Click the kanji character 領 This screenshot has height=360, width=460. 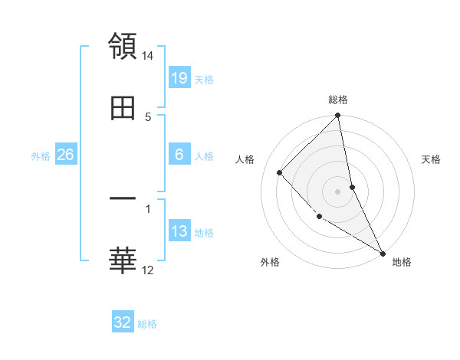123,46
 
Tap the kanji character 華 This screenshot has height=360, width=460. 123,260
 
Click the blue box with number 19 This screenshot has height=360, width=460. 179,77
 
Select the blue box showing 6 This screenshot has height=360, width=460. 179,155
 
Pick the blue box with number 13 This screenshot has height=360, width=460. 179,231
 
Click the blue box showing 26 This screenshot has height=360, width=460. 65,155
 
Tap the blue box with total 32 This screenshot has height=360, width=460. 123,322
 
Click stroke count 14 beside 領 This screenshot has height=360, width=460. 148,56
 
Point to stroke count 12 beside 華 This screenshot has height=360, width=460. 148,270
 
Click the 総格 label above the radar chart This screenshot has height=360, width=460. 338,100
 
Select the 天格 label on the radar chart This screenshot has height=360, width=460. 432,159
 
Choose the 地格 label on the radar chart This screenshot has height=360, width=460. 402,262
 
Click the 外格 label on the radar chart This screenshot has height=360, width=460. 270,262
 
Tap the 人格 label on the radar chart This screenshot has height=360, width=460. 245,159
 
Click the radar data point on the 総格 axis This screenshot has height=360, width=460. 338,116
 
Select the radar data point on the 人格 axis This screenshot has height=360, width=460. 280,172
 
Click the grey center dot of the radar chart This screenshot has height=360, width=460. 338,191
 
